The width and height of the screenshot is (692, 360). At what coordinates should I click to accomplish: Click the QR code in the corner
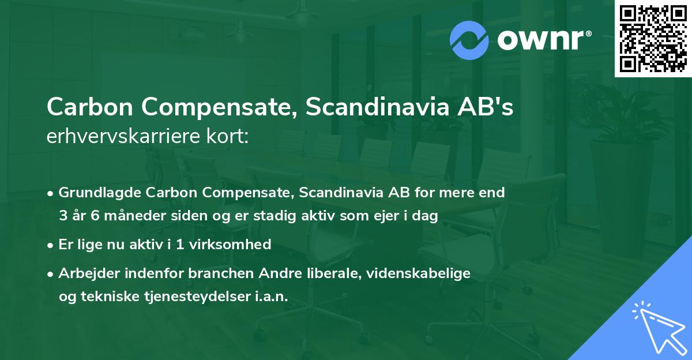[x=653, y=39]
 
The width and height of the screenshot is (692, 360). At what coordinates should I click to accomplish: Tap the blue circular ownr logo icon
[x=469, y=40]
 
